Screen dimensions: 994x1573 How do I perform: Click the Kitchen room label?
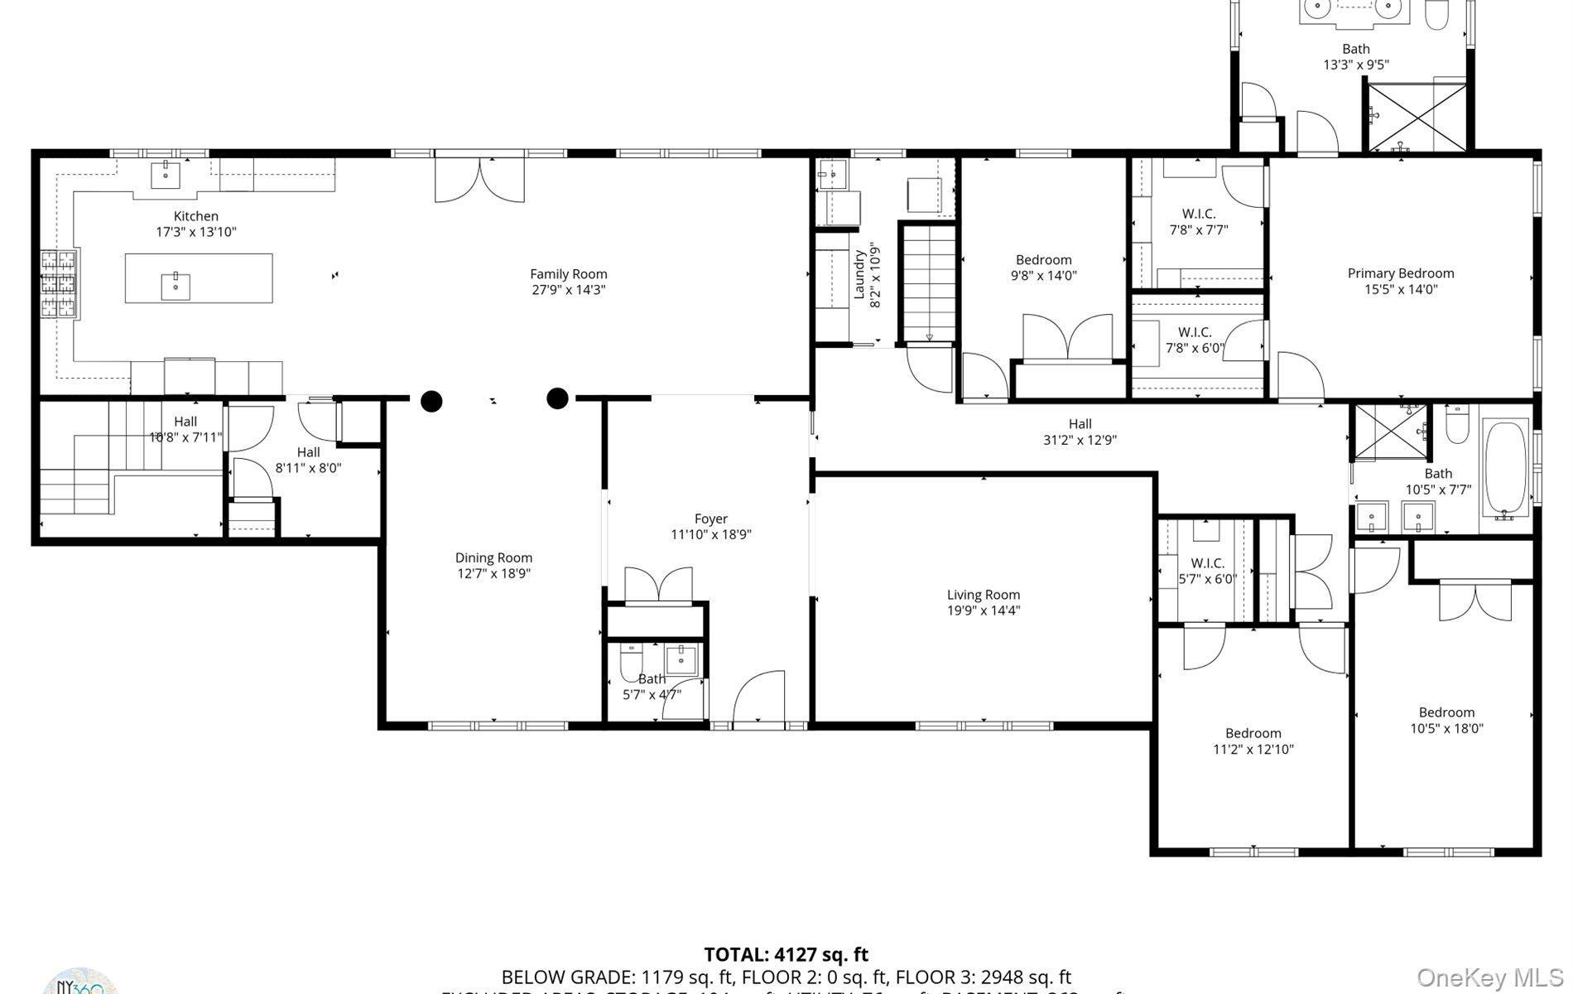point(196,216)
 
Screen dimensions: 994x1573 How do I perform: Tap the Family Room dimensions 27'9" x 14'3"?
point(569,290)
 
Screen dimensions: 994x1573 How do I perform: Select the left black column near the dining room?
point(431,402)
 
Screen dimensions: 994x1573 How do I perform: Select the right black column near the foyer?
point(558,399)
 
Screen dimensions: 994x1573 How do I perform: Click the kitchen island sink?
point(176,285)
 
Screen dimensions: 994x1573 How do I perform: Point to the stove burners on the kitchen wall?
point(60,284)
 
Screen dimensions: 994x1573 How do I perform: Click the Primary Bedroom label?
point(1400,273)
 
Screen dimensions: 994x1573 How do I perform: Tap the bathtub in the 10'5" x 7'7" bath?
point(1506,469)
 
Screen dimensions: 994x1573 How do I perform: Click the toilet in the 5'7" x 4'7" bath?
point(631,660)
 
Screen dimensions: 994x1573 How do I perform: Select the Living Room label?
point(983,595)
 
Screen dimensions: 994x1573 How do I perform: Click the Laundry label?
point(859,274)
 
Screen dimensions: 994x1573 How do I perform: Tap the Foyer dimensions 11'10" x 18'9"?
point(710,535)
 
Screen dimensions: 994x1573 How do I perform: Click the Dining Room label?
point(493,558)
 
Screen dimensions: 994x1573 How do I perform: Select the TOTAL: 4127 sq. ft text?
point(786,955)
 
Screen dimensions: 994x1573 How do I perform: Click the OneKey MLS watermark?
point(1489,977)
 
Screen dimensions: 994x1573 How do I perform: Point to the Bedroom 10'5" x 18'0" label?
point(1446,712)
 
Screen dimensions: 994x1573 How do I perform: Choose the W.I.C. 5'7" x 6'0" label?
point(1207,563)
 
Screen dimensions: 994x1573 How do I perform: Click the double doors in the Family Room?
point(479,181)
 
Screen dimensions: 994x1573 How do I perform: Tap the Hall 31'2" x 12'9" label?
point(1080,424)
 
